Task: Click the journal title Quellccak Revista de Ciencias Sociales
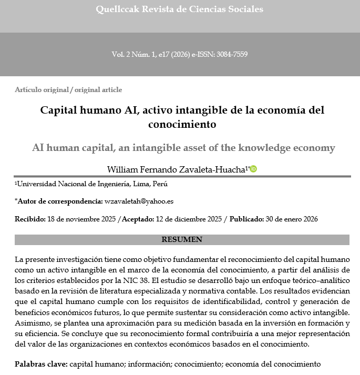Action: [180, 9]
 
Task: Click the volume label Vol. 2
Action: [121, 55]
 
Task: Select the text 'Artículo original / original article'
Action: [68, 90]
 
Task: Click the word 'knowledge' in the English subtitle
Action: [265, 148]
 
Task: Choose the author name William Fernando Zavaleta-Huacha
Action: [176, 169]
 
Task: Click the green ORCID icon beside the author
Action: [253, 169]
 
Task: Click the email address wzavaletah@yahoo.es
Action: [139, 201]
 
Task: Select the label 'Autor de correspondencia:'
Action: [59, 201]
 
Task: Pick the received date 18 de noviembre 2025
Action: [81, 219]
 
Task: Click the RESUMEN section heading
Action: [182, 240]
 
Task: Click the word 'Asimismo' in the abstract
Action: [30, 323]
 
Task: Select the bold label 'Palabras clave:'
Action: [41, 364]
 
